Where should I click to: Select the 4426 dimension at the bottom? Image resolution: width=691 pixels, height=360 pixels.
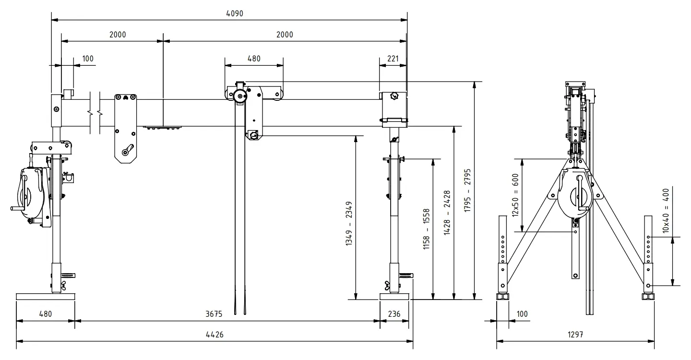[214, 335]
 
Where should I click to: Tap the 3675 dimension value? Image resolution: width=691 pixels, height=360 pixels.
[214, 314]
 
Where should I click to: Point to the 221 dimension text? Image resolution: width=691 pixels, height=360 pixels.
[393, 59]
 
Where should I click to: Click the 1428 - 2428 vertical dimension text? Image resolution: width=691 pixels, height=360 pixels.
[447, 213]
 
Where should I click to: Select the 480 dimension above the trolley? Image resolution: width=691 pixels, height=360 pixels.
[254, 59]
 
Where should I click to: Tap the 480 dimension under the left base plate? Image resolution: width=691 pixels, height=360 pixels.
[45, 314]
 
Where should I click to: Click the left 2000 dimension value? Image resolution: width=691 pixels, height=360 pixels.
[118, 35]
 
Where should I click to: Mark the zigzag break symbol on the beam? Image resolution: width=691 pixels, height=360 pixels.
[95, 114]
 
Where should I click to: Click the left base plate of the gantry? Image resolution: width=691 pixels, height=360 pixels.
[46, 296]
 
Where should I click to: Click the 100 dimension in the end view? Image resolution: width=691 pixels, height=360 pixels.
[522, 314]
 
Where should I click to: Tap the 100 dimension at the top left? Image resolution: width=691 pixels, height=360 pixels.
[88, 59]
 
